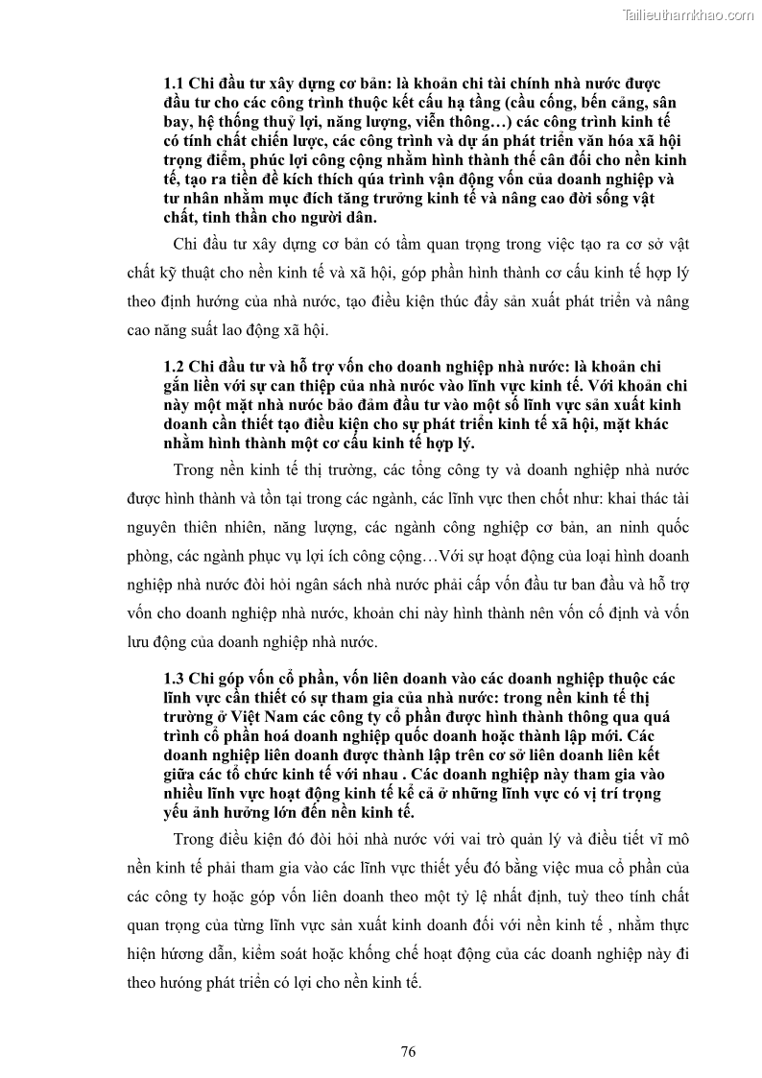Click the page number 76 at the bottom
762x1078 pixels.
(x=407, y=1051)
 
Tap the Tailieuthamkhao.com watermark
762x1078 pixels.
(x=688, y=14)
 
